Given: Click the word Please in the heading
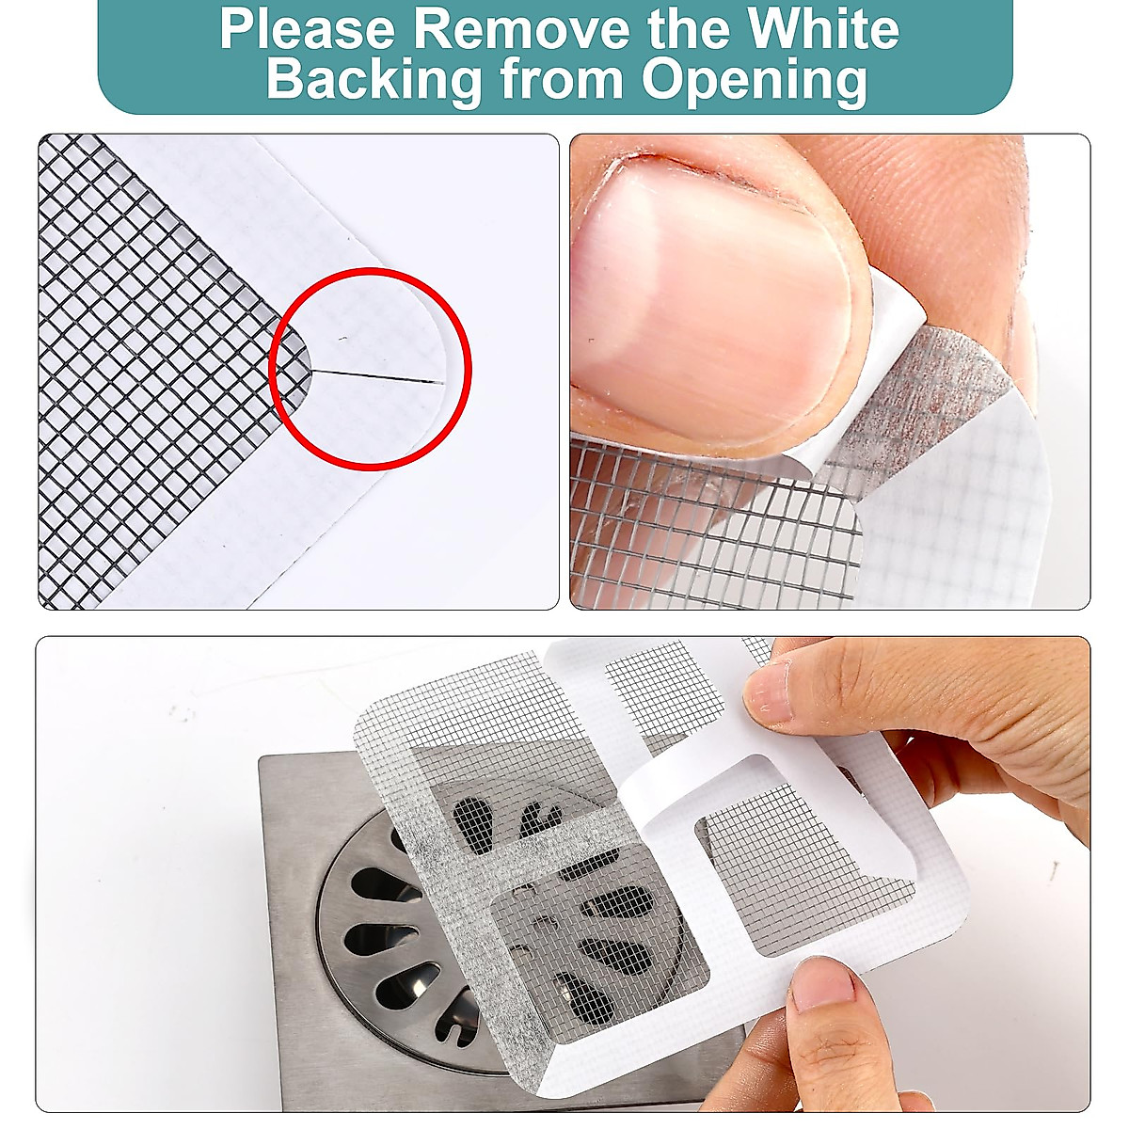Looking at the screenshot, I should pyautogui.click(x=307, y=30).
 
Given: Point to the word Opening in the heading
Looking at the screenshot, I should pyautogui.click(x=754, y=81).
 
